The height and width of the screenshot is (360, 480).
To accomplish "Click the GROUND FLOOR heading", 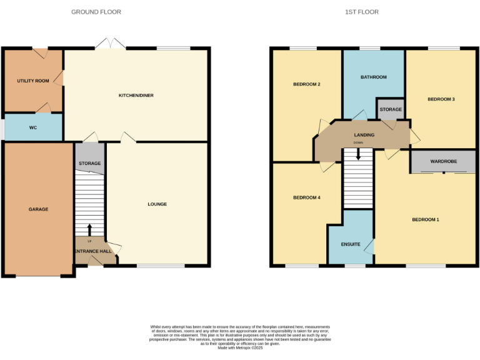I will [96, 12].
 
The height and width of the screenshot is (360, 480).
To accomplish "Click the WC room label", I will [33, 127].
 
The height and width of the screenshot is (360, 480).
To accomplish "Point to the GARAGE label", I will [38, 209].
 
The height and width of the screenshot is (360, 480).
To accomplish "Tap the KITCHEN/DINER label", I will [136, 96].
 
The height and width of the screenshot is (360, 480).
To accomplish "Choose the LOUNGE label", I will [157, 204].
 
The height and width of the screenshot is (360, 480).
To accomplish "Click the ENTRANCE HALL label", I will [93, 251].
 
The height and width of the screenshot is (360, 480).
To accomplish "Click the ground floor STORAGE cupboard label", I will [89, 164].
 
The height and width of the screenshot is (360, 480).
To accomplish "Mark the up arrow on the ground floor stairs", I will [89, 229].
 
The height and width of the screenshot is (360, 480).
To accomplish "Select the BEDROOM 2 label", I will [307, 84].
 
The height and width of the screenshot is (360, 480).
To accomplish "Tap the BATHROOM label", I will [374, 77].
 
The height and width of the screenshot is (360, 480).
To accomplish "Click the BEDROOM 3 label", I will [441, 99].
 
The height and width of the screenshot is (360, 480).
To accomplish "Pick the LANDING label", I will [364, 135].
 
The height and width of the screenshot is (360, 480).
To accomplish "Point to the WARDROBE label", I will [443, 162].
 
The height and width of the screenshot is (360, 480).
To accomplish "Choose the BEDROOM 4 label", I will [307, 197].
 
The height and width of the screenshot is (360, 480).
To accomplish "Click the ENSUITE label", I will [351, 244].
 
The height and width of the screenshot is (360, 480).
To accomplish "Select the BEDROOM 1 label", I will [426, 219].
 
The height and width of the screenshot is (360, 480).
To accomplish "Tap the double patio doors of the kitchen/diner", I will [110, 44].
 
